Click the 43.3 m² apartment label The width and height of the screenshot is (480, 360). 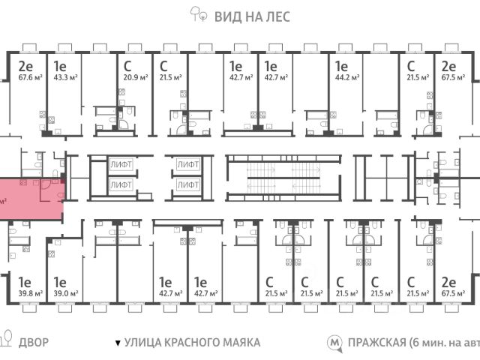pyautogui.click(x=60, y=76)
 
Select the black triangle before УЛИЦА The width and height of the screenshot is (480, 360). pyautogui.click(x=117, y=343)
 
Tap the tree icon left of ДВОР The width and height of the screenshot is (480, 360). pyautogui.click(x=6, y=339)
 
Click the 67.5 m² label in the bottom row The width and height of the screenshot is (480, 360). pyautogui.click(x=451, y=293)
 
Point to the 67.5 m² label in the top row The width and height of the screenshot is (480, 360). pyautogui.click(x=451, y=76)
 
